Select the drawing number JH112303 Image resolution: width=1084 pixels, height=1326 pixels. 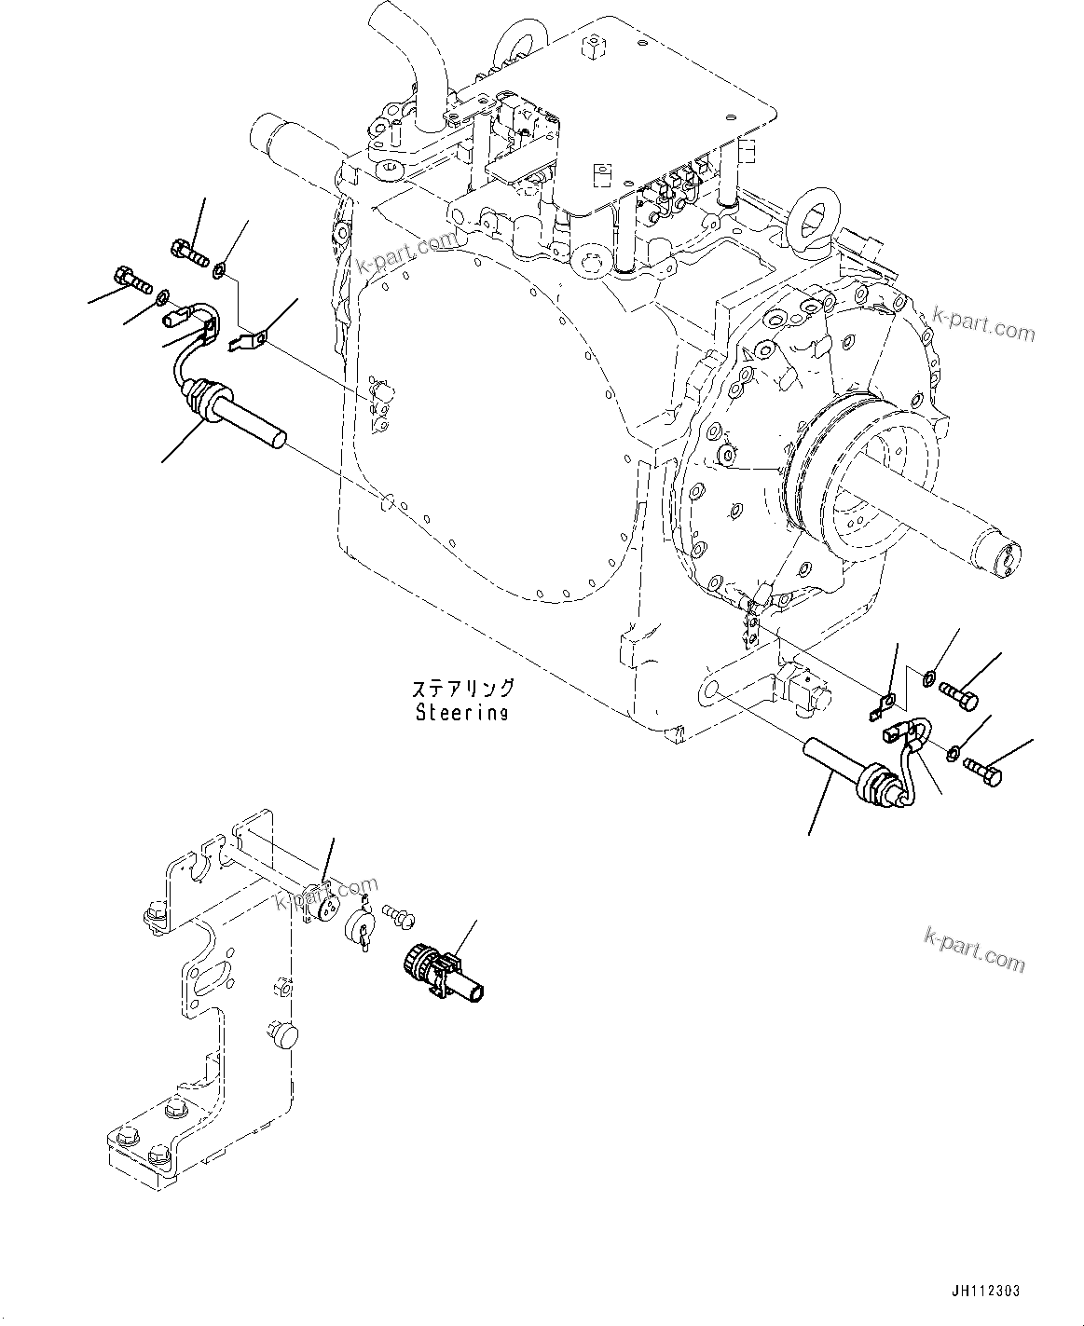coord(986,1291)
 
